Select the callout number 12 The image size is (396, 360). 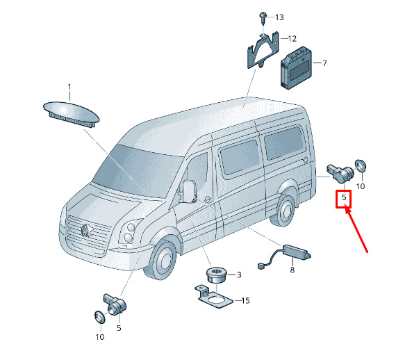(292, 39)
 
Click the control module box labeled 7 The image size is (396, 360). (296, 67)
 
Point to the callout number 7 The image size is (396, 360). (324, 63)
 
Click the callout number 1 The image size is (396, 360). (69, 87)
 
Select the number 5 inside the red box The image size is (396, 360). (344, 197)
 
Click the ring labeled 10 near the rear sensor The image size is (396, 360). (361, 165)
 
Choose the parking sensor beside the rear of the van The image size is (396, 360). (341, 174)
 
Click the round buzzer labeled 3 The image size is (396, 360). (217, 275)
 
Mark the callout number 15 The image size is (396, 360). (245, 301)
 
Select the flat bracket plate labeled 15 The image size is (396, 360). (213, 297)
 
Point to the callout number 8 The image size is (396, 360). (292, 270)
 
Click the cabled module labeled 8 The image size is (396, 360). (285, 256)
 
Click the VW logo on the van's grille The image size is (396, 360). (86, 230)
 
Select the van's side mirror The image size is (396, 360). (190, 191)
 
